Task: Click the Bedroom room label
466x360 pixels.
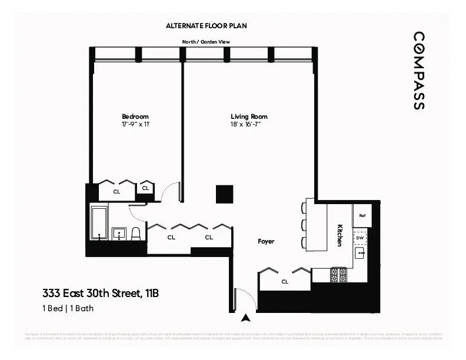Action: pyautogui.click(x=135, y=116)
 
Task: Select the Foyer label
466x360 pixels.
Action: pyautogui.click(x=266, y=241)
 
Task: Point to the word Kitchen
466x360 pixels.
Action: pyautogui.click(x=339, y=235)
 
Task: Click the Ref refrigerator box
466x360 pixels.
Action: pyautogui.click(x=361, y=216)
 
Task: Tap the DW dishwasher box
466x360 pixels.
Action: pyautogui.click(x=360, y=238)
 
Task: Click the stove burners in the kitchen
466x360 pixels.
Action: pyautogui.click(x=338, y=275)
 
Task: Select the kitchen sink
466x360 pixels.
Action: pyautogui.click(x=360, y=254)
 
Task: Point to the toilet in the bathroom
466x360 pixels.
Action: pyautogui.click(x=136, y=234)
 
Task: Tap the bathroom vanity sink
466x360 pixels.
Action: pyautogui.click(x=119, y=233)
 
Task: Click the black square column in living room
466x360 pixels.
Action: pyautogui.click(x=224, y=194)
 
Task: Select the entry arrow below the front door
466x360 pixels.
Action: pyautogui.click(x=246, y=318)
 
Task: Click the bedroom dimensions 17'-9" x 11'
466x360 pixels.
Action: pyautogui.click(x=135, y=125)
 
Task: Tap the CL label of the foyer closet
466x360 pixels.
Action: pyautogui.click(x=285, y=282)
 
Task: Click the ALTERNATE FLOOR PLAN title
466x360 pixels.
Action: pyautogui.click(x=205, y=26)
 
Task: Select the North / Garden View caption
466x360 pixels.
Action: pyautogui.click(x=205, y=42)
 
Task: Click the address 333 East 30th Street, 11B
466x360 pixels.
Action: pyautogui.click(x=100, y=293)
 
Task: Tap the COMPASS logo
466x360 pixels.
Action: pyautogui.click(x=418, y=71)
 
